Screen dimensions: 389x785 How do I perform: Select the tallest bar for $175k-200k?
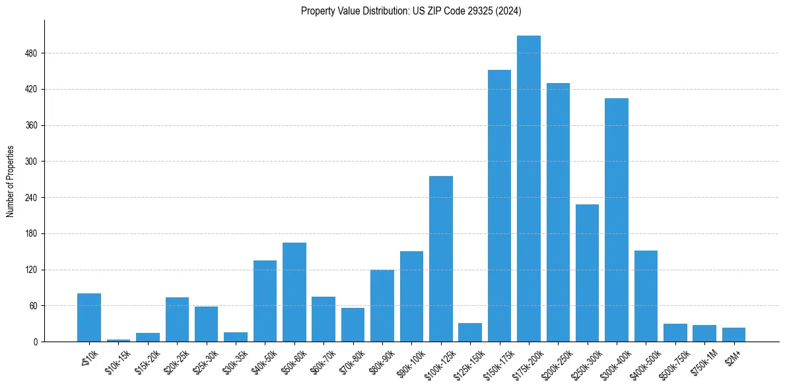(529, 189)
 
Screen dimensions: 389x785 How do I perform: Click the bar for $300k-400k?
(617, 220)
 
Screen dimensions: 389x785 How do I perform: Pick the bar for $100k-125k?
(441, 258)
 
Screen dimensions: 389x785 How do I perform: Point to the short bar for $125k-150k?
(470, 332)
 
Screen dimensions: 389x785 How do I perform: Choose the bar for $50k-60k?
(294, 292)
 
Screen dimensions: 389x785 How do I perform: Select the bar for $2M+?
(734, 335)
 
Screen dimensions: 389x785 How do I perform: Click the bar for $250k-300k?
(587, 273)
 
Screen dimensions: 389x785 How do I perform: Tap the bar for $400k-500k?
(646, 296)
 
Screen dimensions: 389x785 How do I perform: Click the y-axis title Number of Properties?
(11, 181)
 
